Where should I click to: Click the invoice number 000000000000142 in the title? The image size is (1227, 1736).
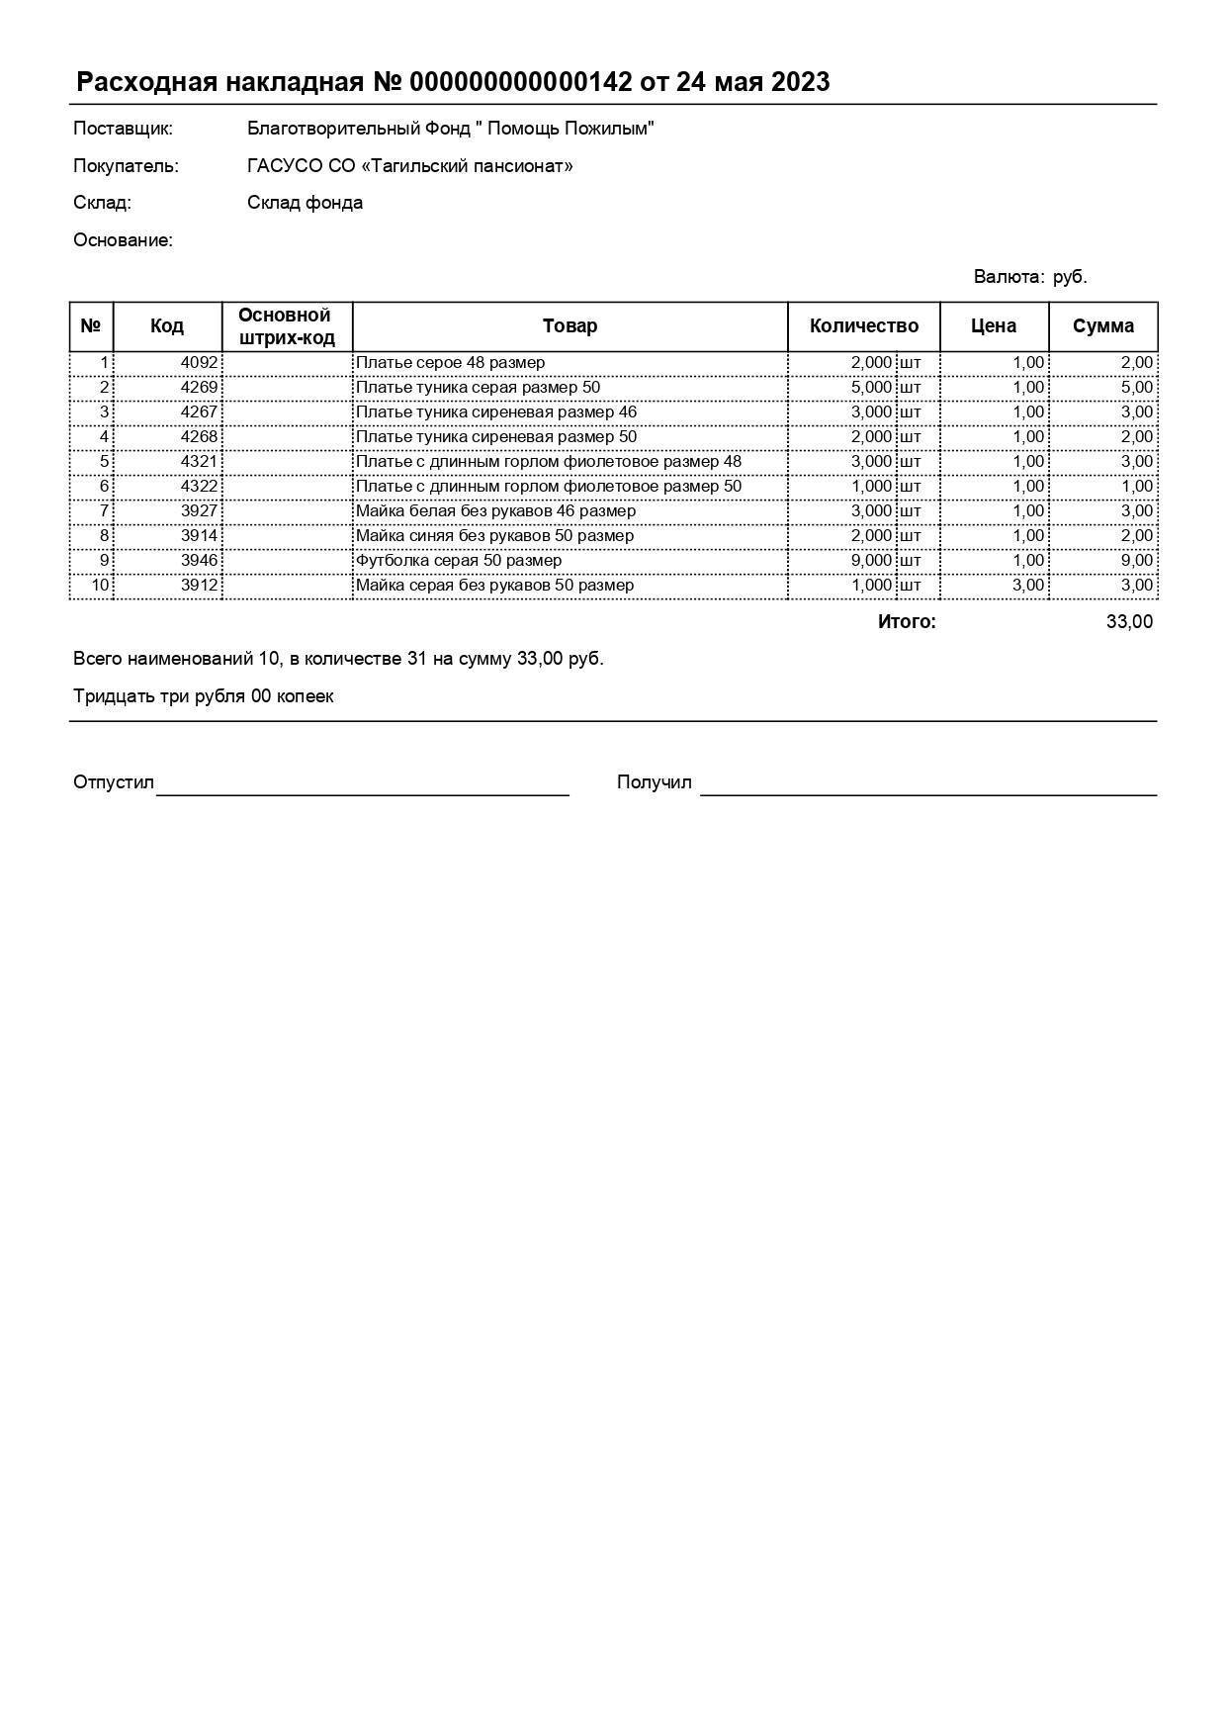point(520,82)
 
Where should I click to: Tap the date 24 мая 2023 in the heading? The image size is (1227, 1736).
point(752,82)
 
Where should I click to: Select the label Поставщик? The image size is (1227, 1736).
point(123,129)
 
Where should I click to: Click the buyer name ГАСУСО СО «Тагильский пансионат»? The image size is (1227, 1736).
point(409,166)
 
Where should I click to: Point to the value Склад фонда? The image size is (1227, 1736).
point(305,203)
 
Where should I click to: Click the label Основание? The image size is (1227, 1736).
point(123,240)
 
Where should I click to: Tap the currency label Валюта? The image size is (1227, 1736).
point(1008,277)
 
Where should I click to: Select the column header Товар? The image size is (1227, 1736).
point(570,326)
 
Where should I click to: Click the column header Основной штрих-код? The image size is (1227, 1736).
point(287,326)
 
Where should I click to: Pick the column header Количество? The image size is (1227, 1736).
point(863,326)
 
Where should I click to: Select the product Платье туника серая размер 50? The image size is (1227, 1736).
point(478,388)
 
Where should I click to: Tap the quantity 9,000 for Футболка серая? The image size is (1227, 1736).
point(871,561)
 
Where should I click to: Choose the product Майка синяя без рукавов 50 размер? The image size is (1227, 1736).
point(494,536)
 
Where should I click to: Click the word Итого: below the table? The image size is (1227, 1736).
point(906,622)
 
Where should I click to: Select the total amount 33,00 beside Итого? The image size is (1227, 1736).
point(1129,622)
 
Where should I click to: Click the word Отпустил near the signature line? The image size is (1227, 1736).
point(114,782)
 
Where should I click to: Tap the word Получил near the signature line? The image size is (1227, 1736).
point(654,782)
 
